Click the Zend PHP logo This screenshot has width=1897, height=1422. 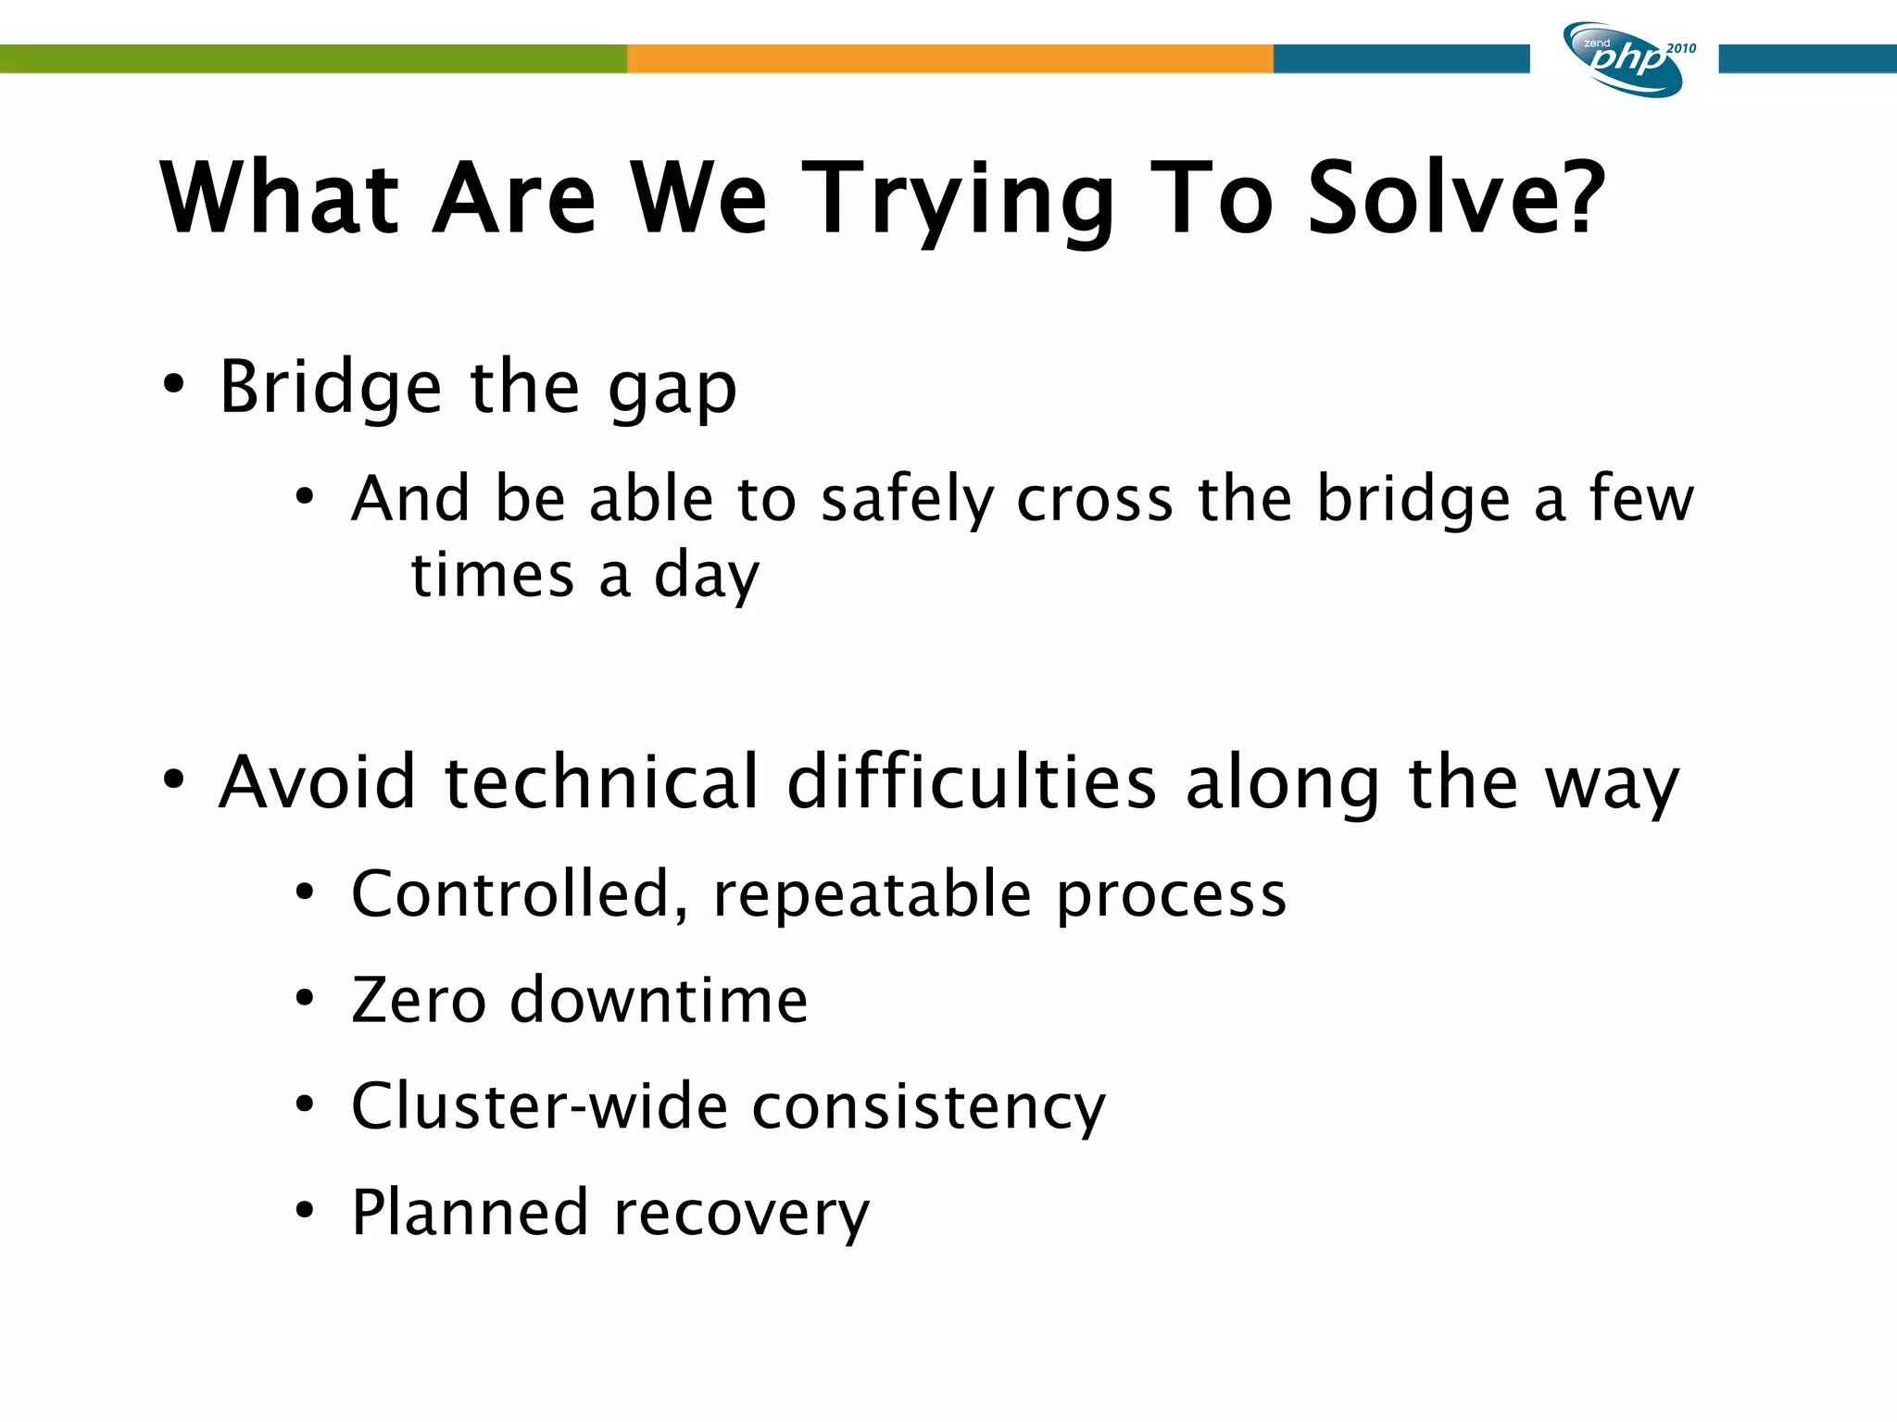[1622, 59]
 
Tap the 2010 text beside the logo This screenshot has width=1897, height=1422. [1680, 48]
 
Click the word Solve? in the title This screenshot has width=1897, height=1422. [1455, 198]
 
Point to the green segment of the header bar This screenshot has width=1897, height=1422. [313, 58]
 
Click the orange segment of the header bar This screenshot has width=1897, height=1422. [949, 58]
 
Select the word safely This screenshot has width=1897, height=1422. [907, 501]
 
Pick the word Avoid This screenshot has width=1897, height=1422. [317, 783]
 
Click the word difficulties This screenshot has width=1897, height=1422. [972, 783]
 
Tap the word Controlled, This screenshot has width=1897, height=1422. [520, 896]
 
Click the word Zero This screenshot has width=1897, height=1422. [419, 1001]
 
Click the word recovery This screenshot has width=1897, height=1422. [741, 1214]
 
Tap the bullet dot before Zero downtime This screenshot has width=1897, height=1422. [305, 998]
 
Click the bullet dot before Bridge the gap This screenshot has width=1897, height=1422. [173, 384]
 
